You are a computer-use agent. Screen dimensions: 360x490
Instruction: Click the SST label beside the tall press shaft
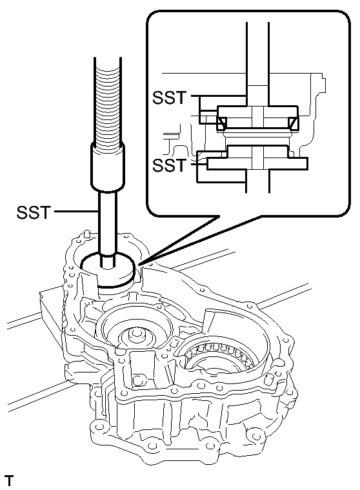click(x=34, y=212)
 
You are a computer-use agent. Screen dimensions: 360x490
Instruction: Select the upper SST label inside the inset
click(x=169, y=98)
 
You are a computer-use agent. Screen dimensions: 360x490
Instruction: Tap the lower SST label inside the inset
click(x=169, y=165)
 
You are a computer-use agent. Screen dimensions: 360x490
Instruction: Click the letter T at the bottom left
click(x=9, y=481)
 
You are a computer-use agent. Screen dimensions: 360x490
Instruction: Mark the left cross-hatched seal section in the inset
click(x=221, y=123)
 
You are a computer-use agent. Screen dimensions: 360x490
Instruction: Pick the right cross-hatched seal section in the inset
click(x=294, y=123)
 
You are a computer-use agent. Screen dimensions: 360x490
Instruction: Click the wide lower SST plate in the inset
click(x=257, y=164)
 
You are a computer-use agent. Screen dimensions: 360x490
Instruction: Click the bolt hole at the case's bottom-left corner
click(x=99, y=427)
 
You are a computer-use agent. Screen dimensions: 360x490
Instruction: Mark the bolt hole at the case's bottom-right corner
click(x=253, y=436)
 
